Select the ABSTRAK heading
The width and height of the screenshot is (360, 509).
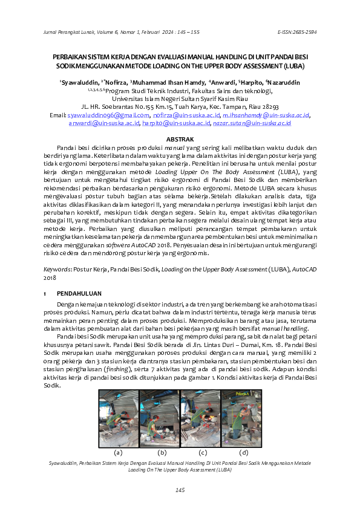pyautogui.click(x=180, y=140)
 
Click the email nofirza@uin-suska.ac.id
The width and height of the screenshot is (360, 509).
pyautogui.click(x=186, y=114)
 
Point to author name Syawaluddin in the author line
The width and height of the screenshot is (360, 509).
pyautogui.click(x=80, y=82)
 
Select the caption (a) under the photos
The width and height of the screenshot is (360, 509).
pyautogui.click(x=119, y=452)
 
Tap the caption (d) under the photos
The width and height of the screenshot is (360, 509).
pyautogui.click(x=243, y=452)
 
